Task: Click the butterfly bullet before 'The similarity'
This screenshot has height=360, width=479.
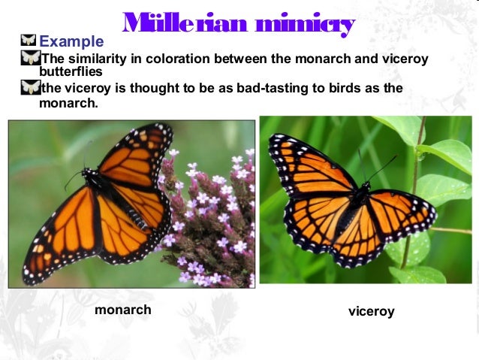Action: (30, 58)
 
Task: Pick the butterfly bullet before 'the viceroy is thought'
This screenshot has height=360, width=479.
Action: (30, 87)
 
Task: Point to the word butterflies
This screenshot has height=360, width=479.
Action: (71, 73)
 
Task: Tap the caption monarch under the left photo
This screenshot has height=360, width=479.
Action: (122, 310)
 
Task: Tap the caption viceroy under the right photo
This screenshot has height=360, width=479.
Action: (371, 311)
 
